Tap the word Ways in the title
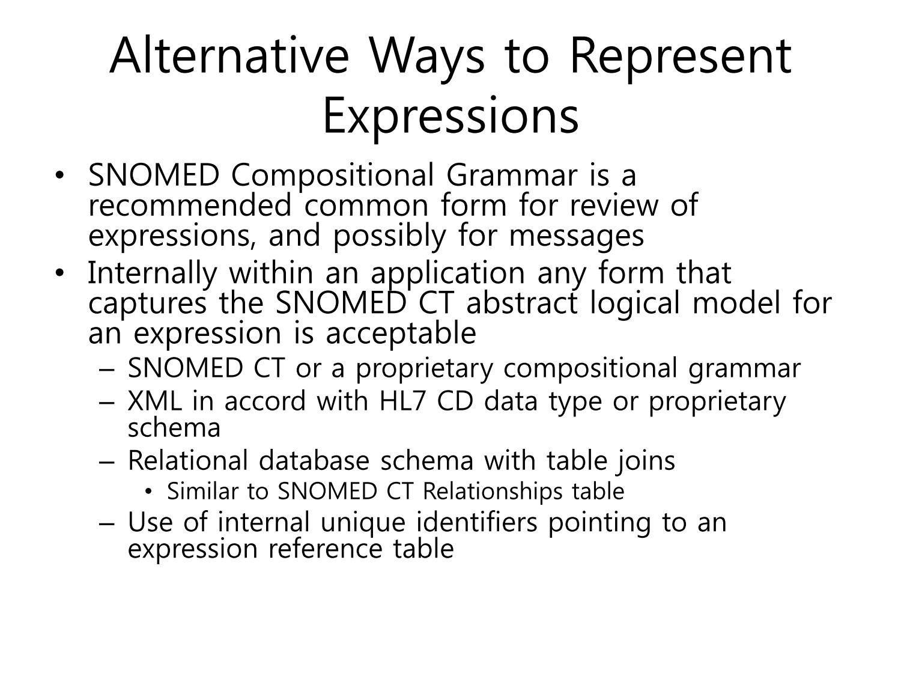[x=427, y=59]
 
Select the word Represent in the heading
[x=681, y=59]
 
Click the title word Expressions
[x=450, y=116]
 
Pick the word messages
[x=576, y=237]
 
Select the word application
[x=448, y=274]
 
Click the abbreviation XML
[x=155, y=401]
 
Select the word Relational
[x=188, y=460]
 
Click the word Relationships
[x=493, y=492]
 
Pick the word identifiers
[x=476, y=522]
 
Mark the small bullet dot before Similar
[x=148, y=492]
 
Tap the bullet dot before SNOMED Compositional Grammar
[x=60, y=175]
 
